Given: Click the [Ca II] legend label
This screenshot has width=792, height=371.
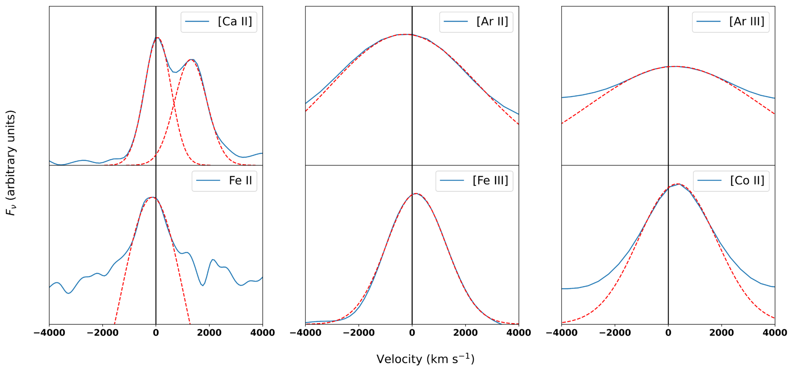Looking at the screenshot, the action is (235, 22).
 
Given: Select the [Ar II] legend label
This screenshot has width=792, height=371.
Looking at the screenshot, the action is (492, 22).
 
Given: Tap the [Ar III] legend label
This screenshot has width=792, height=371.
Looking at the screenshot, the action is (747, 22).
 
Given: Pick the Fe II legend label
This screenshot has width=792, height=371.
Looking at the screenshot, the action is (241, 181).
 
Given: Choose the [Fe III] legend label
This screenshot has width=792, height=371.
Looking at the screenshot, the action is (490, 181).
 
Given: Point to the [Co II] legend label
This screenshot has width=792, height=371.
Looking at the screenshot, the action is (747, 181).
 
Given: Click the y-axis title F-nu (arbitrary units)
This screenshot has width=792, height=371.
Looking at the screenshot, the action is (11, 163).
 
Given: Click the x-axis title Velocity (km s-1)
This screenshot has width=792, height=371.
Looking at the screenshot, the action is (425, 359).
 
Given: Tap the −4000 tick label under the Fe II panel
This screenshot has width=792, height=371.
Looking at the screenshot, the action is (49, 333).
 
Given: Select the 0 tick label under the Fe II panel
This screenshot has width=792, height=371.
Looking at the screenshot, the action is (156, 333).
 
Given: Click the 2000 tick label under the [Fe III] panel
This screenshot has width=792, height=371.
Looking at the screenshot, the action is (465, 333).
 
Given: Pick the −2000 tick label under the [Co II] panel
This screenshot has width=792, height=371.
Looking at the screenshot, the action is (615, 333).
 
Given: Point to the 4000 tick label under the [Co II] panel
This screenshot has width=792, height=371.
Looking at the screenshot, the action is (775, 333).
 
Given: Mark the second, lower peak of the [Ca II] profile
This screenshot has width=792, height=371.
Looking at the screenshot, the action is (191, 60).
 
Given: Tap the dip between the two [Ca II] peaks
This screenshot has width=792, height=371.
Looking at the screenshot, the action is (175, 72).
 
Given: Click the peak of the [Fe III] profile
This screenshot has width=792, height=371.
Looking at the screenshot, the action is (416, 193).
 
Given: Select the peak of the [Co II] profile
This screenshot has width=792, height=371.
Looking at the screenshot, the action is (678, 184).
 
